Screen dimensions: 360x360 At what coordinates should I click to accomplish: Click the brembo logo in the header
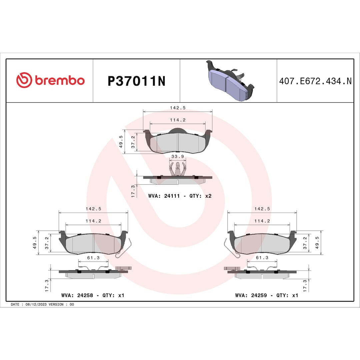click(50, 81)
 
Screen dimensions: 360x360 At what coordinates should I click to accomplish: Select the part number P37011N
click(136, 81)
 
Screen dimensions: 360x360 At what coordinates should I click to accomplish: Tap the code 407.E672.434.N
click(315, 81)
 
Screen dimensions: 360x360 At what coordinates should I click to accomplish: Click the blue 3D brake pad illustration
click(230, 80)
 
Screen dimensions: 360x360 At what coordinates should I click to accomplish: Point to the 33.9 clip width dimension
click(177, 156)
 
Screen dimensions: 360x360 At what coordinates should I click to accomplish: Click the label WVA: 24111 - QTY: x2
click(180, 196)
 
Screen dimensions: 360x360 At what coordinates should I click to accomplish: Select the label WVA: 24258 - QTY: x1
click(93, 295)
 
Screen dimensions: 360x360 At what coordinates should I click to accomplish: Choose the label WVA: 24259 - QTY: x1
click(266, 295)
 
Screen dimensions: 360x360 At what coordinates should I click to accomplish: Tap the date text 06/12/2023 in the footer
click(34, 304)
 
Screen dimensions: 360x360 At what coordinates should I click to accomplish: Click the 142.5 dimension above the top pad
click(177, 107)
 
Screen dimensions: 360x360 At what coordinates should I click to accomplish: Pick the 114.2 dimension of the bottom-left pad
click(93, 221)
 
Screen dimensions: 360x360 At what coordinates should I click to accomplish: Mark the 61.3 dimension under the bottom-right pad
click(262, 258)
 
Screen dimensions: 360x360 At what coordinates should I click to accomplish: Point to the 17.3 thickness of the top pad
click(133, 191)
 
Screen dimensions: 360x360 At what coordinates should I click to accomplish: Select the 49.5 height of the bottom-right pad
click(317, 243)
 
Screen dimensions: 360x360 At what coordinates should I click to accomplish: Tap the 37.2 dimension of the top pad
click(133, 142)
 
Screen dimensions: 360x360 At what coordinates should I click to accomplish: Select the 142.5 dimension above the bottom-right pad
click(262, 209)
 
